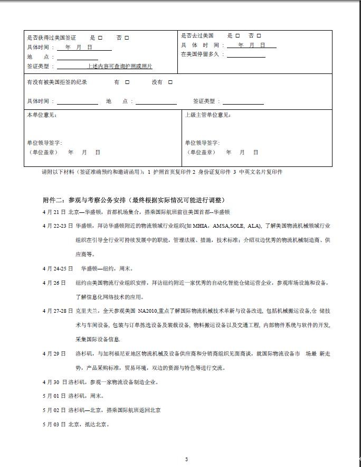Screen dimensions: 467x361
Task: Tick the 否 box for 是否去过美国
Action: (259, 36)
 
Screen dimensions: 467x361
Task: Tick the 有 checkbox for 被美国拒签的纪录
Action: (127, 82)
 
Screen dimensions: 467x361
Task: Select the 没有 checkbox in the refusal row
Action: (170, 82)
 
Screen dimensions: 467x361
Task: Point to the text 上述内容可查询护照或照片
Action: (120, 67)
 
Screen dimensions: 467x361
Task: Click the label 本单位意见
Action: (42, 115)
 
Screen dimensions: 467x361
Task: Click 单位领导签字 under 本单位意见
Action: (44, 143)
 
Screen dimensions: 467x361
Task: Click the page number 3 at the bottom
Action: (186, 459)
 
